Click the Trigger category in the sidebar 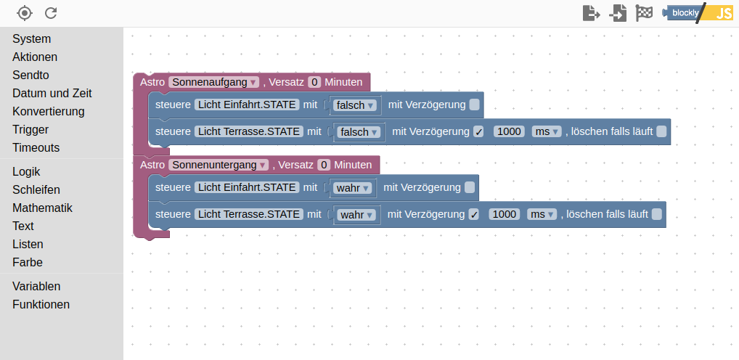click(x=30, y=129)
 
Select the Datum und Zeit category click(x=52, y=93)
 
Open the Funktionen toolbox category click(x=41, y=304)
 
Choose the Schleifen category click(x=36, y=189)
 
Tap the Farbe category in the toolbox click(x=28, y=262)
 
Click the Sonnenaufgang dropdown click(x=214, y=82)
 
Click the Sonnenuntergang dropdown click(x=219, y=165)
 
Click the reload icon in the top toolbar click(x=51, y=13)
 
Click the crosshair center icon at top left click(x=25, y=13)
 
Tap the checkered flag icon click(x=644, y=13)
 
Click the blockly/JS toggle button click(x=700, y=13)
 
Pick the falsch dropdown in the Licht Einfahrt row click(x=355, y=105)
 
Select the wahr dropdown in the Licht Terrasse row click(x=357, y=215)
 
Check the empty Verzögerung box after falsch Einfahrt click(x=474, y=105)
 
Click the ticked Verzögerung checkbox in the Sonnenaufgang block click(x=478, y=132)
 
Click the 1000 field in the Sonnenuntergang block click(x=505, y=214)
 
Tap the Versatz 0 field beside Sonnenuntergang click(x=324, y=165)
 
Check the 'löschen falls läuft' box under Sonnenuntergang click(x=657, y=214)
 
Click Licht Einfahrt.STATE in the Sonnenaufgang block click(x=247, y=105)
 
